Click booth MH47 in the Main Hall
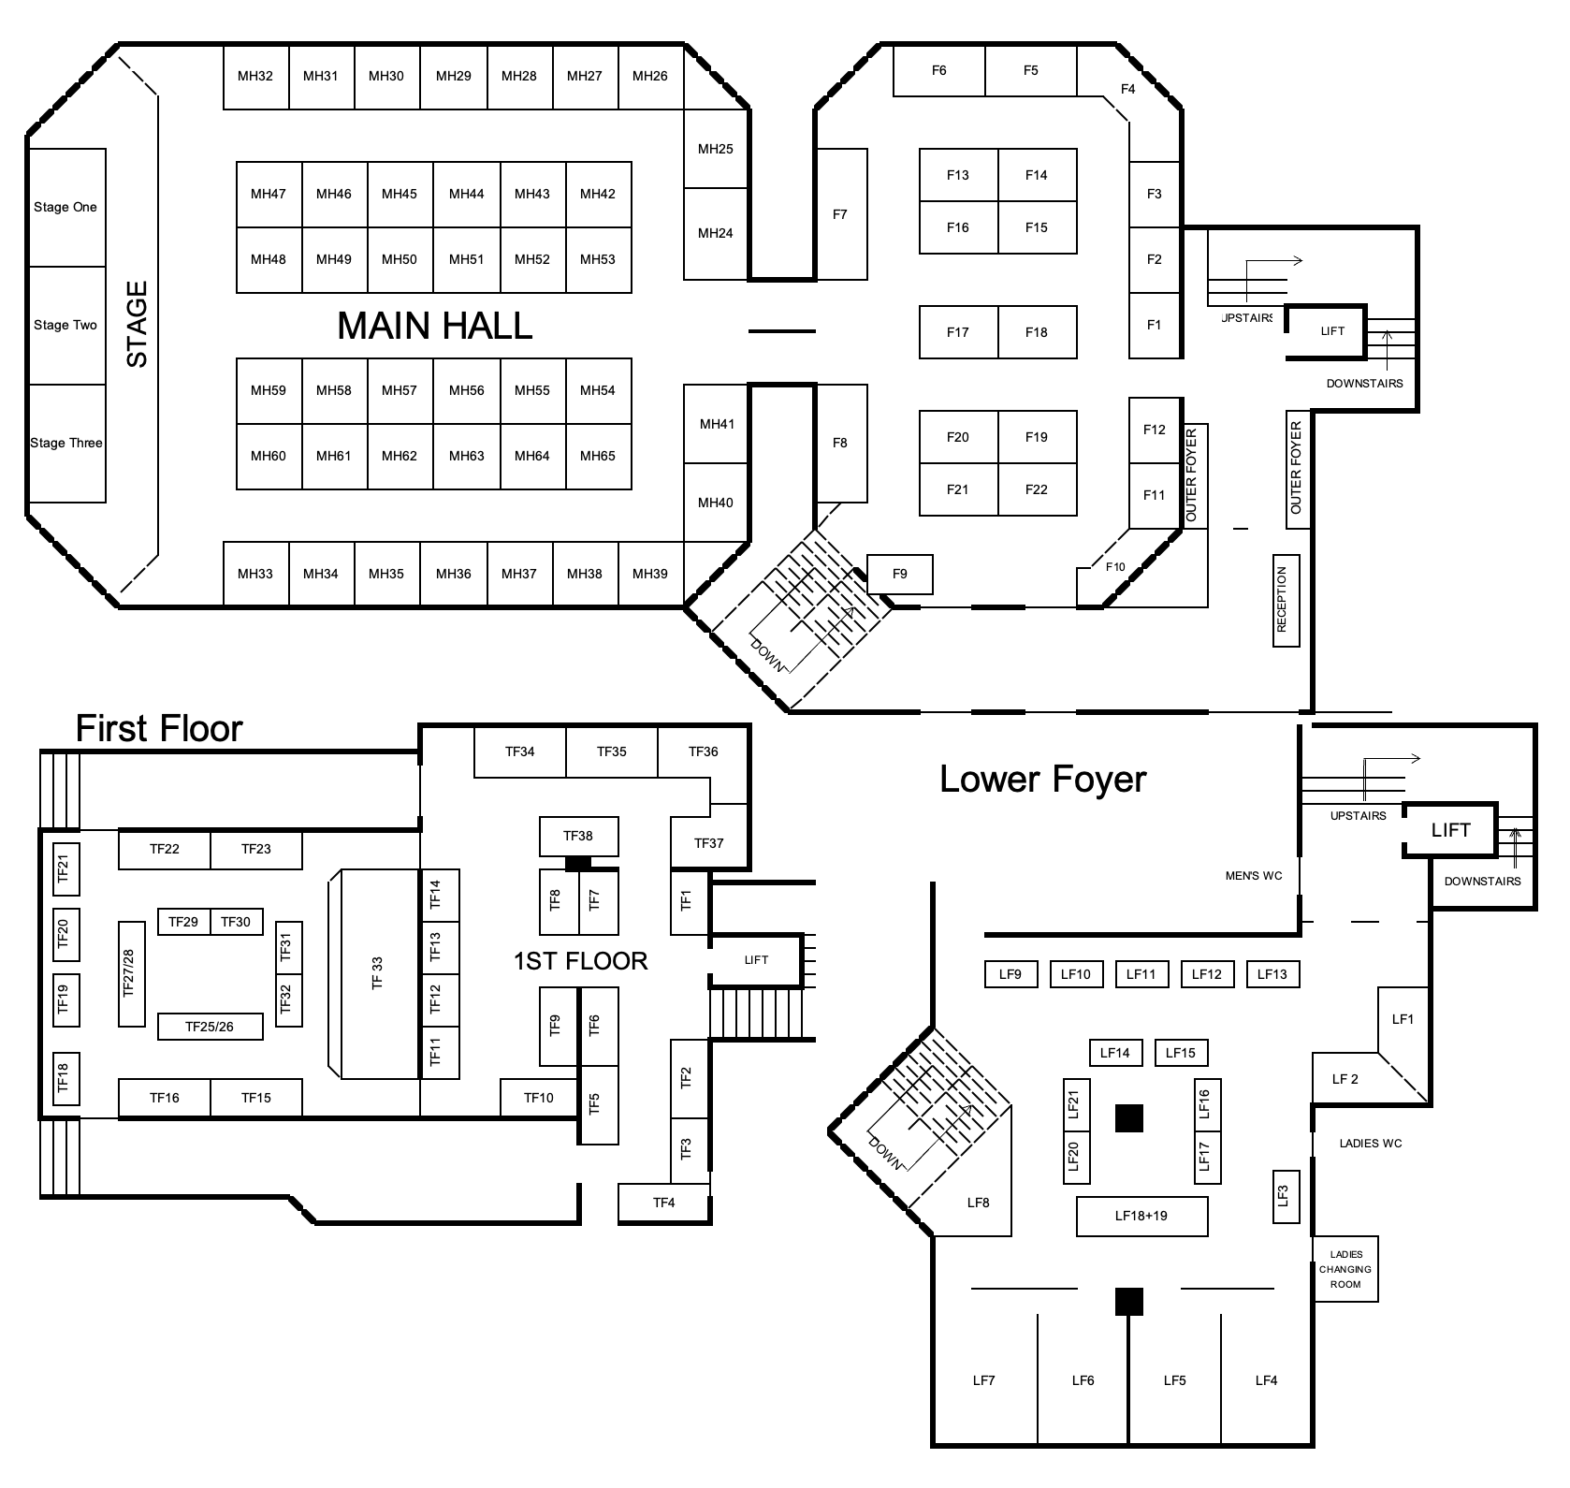[269, 195]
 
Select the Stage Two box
[66, 326]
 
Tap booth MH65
[598, 457]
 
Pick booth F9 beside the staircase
[900, 574]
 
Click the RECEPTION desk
[1282, 600]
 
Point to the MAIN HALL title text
[434, 326]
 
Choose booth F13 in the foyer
[958, 175]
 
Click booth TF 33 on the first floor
[376, 973]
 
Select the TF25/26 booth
[210, 1027]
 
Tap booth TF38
[578, 836]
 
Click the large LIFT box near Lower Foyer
[1450, 830]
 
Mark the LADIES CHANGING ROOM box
[1345, 1269]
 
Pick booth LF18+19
[1141, 1217]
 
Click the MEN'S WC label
[1254, 876]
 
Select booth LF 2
[1345, 1079]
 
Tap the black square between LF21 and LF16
[1129, 1118]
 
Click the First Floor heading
[159, 728]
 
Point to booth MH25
[716, 149]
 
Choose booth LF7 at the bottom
[984, 1380]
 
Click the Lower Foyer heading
[1042, 779]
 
